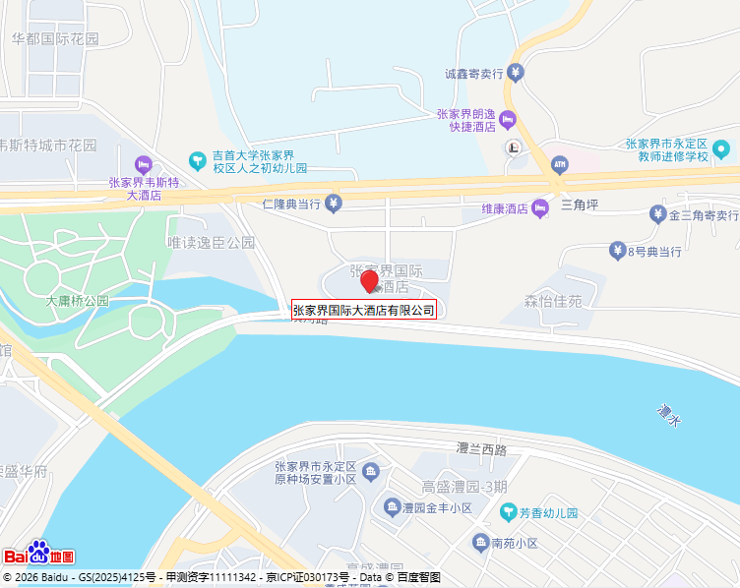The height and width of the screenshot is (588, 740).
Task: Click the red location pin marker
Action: click(370, 281)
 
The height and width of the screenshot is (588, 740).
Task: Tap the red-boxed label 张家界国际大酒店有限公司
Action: click(364, 310)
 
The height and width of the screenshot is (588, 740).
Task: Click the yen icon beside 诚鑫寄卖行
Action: click(517, 73)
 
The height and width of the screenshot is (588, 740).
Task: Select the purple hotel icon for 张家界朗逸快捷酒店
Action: click(508, 120)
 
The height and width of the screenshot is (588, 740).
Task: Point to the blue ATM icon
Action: click(560, 163)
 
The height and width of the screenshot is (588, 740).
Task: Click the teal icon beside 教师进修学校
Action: click(721, 149)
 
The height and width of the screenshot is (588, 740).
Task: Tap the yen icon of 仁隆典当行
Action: click(334, 204)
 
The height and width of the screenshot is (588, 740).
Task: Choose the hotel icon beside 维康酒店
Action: click(539, 208)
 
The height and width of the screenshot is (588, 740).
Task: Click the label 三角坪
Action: click(580, 206)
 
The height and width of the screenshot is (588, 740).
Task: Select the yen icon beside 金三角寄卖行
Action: click(657, 214)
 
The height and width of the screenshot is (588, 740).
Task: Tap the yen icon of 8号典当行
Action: click(617, 251)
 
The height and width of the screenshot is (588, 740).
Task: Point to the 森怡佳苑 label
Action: click(552, 300)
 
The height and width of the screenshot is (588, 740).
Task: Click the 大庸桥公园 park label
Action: click(78, 301)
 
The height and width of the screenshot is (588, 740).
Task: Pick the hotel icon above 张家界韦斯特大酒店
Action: click(144, 163)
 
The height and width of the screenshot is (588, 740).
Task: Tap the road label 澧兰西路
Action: click(481, 449)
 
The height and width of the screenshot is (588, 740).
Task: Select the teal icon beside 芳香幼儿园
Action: click(508, 512)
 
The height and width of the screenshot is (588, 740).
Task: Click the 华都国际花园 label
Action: click(55, 39)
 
